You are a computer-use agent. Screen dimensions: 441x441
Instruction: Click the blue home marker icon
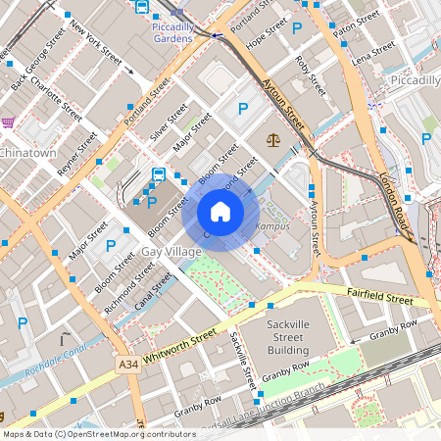click(220, 212)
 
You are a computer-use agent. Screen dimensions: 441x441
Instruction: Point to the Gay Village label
click(171, 252)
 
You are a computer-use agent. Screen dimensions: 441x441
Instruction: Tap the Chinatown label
click(28, 153)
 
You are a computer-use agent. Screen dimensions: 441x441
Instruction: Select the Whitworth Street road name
click(179, 349)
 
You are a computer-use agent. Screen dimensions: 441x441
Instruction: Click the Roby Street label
click(310, 75)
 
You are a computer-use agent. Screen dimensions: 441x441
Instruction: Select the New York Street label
click(96, 43)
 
